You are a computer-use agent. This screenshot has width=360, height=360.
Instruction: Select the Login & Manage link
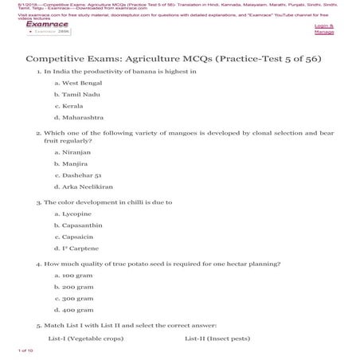pos(324,29)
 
